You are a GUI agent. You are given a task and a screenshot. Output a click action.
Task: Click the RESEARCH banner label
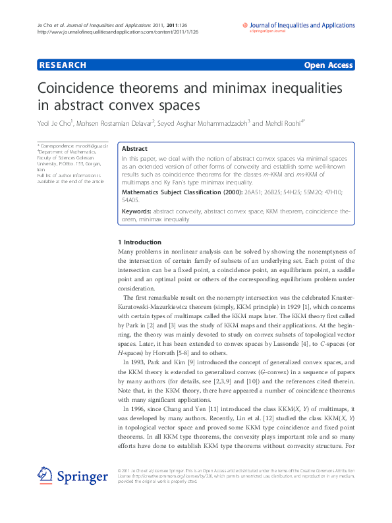pyautogui.click(x=63, y=65)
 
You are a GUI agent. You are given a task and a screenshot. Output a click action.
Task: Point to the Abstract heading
pyautogui.click(x=135, y=149)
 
